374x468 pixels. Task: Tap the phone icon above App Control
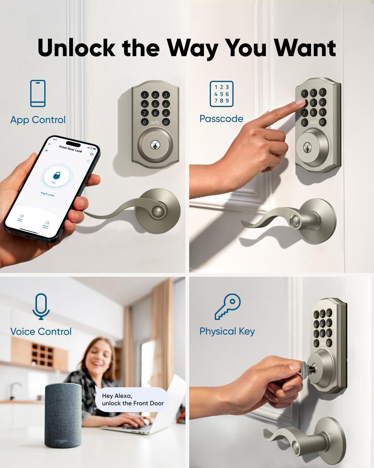tap(38, 93)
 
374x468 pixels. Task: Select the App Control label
tap(38, 120)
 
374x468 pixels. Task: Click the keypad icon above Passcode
tap(221, 93)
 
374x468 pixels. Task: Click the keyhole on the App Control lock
tap(155, 145)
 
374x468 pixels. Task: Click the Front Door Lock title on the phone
tap(70, 149)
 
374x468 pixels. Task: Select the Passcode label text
tap(221, 119)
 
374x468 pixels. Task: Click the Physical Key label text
tap(227, 331)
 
